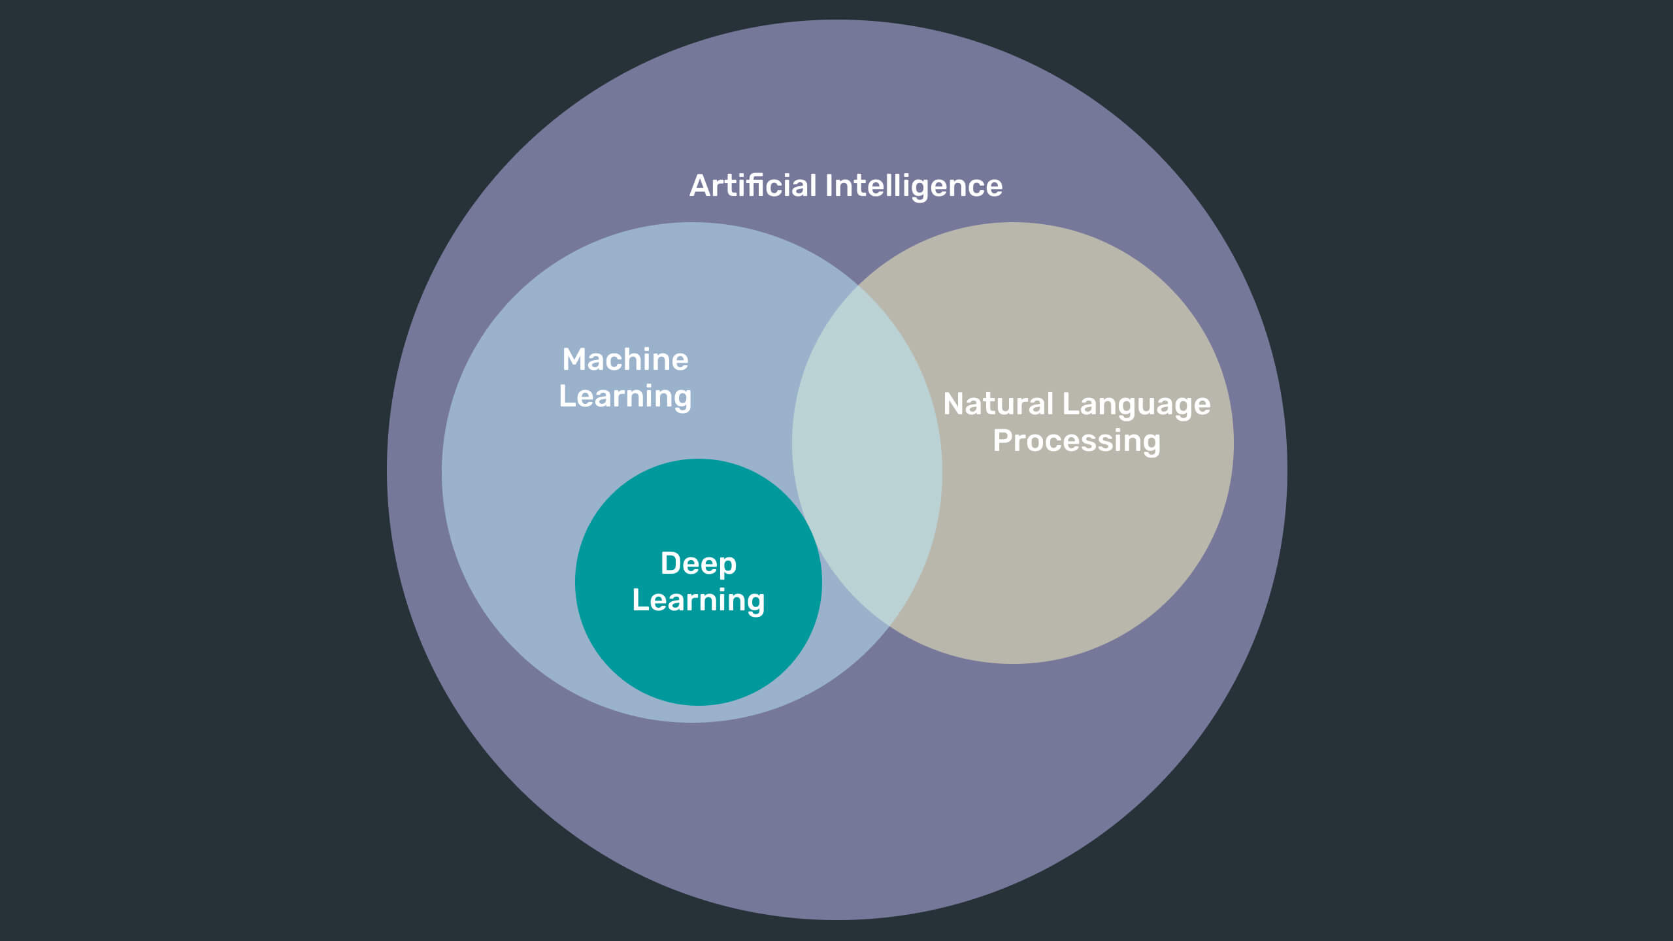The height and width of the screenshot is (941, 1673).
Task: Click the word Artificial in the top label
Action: coord(753,186)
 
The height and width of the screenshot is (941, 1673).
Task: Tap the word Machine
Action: coord(625,359)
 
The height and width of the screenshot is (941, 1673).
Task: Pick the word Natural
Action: coord(998,404)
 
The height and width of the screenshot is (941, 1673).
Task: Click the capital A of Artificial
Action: coord(700,186)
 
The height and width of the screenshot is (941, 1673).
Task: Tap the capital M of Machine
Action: coord(574,359)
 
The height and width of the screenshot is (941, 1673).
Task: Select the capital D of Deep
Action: coord(671,563)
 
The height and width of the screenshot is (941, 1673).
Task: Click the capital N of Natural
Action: coord(954,404)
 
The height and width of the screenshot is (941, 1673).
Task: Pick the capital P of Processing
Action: coord(1003,440)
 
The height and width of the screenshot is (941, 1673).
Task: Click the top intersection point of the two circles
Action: coord(859,285)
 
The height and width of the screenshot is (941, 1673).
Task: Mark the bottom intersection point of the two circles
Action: coord(888,627)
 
